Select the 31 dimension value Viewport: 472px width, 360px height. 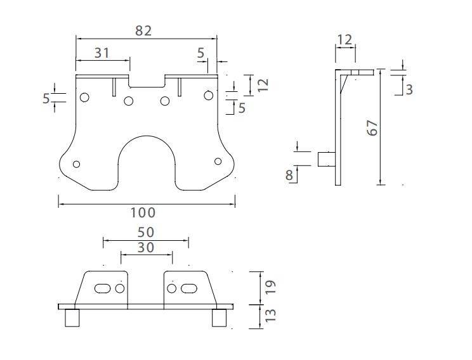point(102,53)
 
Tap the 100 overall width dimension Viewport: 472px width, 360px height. point(143,212)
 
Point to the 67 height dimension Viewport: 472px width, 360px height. point(373,127)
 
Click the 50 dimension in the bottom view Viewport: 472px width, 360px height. point(146,233)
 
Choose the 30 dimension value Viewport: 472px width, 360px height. point(146,248)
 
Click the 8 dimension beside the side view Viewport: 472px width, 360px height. point(290,174)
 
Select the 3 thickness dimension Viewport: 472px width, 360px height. point(409,89)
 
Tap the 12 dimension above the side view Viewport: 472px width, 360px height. point(344,40)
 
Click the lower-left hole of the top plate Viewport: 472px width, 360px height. point(77,164)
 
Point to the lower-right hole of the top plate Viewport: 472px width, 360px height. point(218,161)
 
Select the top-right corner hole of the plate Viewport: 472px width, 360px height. point(207,95)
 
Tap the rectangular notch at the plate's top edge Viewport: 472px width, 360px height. point(147,80)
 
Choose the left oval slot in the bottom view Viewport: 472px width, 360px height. point(102,288)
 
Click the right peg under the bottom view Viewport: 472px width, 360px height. point(220,318)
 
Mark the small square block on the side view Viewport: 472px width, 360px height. point(325,158)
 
